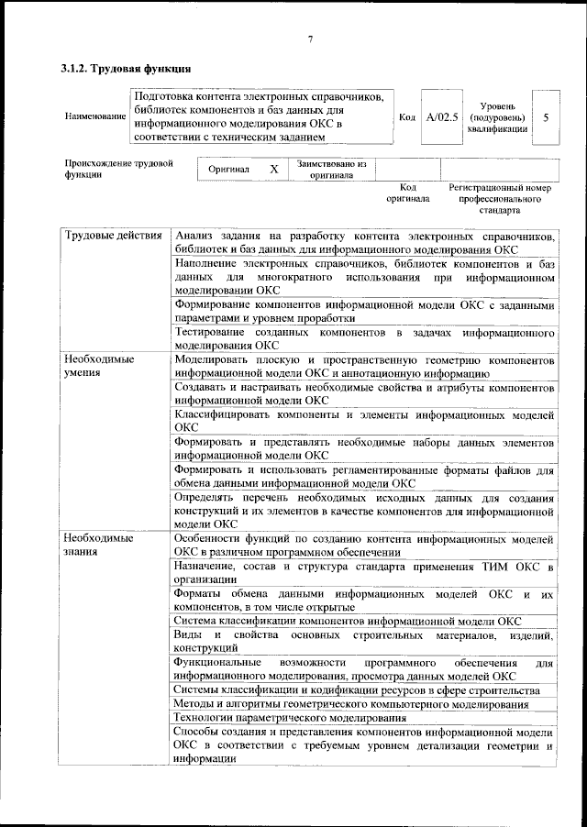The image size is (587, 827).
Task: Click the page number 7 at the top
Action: pos(310,38)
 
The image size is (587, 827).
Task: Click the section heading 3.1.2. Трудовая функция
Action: pos(126,69)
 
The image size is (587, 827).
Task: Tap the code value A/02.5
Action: pos(441,117)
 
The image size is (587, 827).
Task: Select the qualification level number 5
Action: pos(546,117)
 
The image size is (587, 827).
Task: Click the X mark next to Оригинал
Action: pos(273,170)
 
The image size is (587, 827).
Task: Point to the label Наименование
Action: pos(95,117)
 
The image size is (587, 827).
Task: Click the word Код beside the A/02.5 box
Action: pos(408,117)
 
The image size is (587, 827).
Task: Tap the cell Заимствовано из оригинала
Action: pos(331,170)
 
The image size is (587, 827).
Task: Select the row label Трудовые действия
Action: pos(114,237)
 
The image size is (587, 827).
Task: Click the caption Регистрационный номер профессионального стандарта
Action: pos(500,197)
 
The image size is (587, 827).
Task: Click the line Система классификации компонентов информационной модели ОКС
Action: pos(348,621)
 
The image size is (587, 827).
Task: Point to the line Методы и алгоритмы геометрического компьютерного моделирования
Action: pos(351,703)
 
